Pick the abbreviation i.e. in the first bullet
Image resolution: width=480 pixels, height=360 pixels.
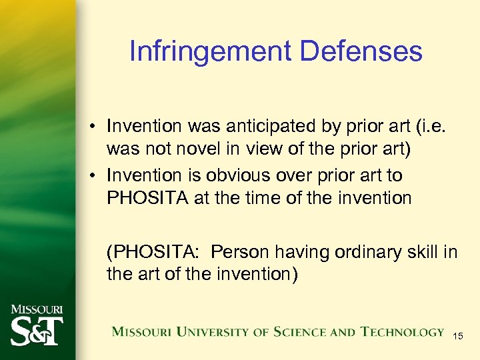(441, 126)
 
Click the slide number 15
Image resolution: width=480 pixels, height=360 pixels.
(458, 337)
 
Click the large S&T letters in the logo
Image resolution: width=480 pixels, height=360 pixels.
(36, 331)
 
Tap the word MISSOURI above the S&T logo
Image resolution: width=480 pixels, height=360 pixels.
(36, 310)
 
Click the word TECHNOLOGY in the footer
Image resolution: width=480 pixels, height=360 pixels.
(402, 331)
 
